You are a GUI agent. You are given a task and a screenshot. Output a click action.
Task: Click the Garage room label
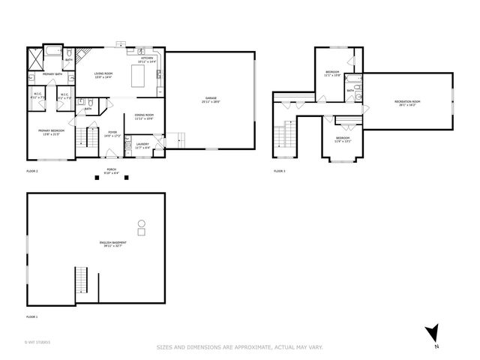[211, 99]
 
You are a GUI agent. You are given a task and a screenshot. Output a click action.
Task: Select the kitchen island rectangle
[138, 75]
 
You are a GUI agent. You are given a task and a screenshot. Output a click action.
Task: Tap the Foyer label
[112, 134]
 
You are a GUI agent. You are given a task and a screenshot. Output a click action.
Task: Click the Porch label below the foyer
[111, 169]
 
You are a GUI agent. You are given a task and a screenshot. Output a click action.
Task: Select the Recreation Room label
[407, 103]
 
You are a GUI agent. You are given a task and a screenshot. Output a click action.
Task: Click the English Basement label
[112, 244]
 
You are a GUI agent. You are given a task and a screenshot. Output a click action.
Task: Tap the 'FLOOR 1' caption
[31, 317]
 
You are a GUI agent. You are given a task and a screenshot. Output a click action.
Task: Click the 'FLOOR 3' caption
[279, 172]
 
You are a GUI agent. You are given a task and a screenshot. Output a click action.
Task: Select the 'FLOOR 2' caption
[31, 172]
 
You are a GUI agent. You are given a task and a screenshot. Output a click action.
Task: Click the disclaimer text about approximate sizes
[240, 346]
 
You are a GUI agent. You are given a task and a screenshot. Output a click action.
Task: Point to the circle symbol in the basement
[141, 223]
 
